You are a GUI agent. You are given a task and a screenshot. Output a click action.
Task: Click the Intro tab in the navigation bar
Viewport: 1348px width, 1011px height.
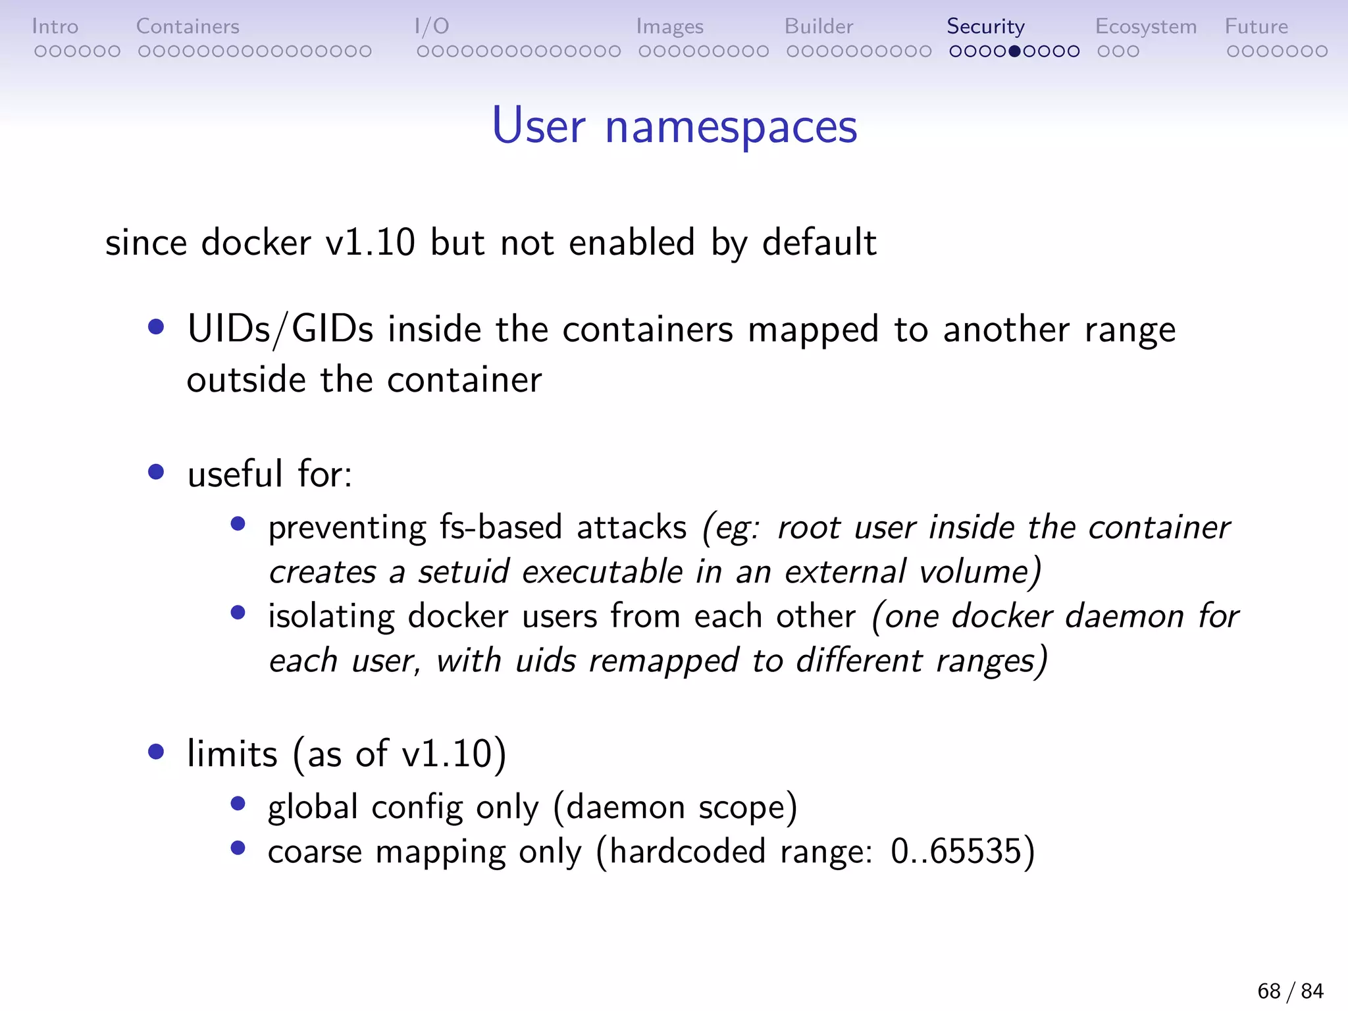[55, 26]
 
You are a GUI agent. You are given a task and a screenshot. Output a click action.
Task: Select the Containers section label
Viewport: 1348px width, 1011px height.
[188, 26]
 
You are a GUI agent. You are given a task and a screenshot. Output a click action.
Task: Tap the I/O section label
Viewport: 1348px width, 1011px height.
[432, 26]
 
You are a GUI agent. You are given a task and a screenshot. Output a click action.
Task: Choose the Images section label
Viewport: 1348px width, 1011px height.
[669, 26]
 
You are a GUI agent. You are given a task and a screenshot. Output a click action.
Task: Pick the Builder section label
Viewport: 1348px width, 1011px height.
[818, 26]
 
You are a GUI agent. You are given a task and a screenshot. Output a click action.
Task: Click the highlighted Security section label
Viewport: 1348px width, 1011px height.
[985, 26]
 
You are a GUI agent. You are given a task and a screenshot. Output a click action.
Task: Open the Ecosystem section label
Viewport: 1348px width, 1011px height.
[1145, 26]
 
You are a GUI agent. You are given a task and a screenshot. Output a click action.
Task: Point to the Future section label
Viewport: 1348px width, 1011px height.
[1256, 26]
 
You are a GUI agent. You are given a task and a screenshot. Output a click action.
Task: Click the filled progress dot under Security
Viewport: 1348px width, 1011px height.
[1014, 51]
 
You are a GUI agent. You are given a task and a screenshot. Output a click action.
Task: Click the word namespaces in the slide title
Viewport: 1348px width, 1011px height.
[731, 126]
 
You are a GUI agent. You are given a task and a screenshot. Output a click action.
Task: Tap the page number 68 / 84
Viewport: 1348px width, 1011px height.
[1290, 991]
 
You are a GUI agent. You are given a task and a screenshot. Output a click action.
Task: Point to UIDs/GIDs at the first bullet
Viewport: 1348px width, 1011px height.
[280, 329]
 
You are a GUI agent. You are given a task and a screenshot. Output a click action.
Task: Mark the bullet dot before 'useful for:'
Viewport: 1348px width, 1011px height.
[156, 472]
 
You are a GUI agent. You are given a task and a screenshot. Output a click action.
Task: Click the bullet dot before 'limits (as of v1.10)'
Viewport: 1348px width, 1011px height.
[156, 752]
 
